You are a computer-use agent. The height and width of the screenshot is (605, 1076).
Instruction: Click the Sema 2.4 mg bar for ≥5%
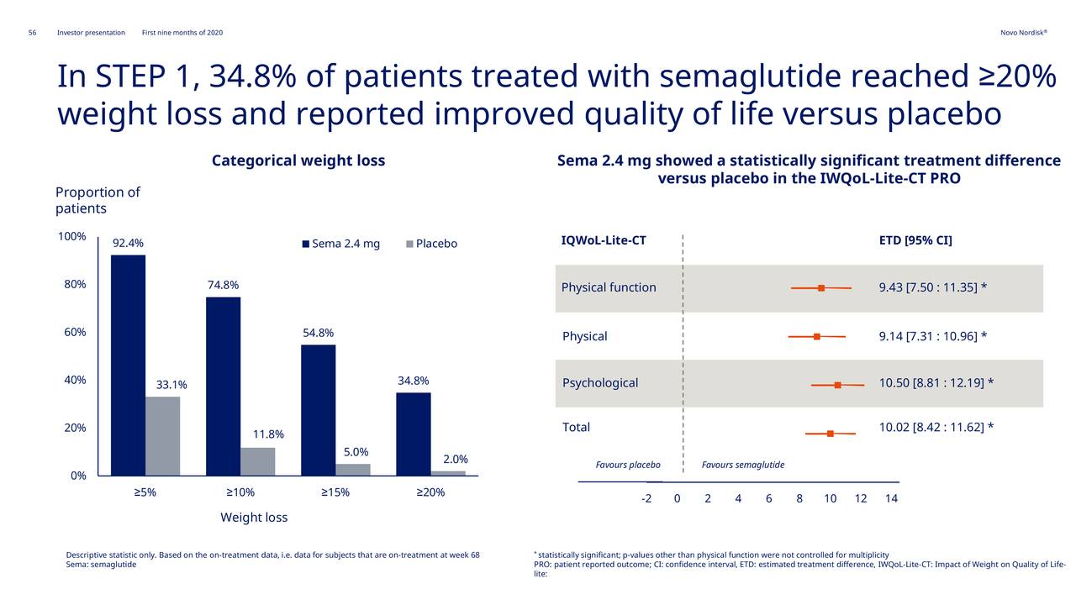click(x=128, y=365)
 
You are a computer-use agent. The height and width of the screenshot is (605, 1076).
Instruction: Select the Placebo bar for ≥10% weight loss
click(x=257, y=461)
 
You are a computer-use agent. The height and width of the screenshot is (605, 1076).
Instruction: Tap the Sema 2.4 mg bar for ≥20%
click(x=413, y=434)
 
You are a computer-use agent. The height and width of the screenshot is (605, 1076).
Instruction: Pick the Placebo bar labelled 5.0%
click(x=352, y=470)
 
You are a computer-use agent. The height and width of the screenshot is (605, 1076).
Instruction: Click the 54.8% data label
click(x=318, y=333)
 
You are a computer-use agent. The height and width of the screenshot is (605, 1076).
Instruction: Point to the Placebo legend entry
click(x=431, y=244)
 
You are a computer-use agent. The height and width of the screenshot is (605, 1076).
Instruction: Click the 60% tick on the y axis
click(x=72, y=332)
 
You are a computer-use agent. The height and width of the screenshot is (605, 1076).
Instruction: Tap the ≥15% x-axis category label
click(x=335, y=492)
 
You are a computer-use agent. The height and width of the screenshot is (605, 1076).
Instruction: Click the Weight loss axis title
click(x=254, y=518)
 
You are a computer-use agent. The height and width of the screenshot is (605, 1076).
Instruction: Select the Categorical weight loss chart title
click(x=298, y=160)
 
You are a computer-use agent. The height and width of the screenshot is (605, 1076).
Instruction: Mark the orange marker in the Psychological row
click(x=837, y=385)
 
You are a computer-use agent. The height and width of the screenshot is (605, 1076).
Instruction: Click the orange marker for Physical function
click(x=821, y=288)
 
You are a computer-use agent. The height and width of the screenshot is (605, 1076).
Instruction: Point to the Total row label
click(x=576, y=427)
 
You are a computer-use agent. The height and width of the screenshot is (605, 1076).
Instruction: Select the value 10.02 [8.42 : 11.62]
click(x=936, y=428)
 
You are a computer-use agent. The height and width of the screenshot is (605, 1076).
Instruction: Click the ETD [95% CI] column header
click(x=915, y=241)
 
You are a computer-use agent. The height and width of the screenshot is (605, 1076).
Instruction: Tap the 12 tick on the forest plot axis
click(x=861, y=498)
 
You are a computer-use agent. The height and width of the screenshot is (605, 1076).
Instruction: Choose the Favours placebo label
click(x=628, y=465)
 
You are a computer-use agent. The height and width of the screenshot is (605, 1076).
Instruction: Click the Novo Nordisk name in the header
click(x=1023, y=33)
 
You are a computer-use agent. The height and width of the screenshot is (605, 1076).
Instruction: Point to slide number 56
click(x=33, y=33)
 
